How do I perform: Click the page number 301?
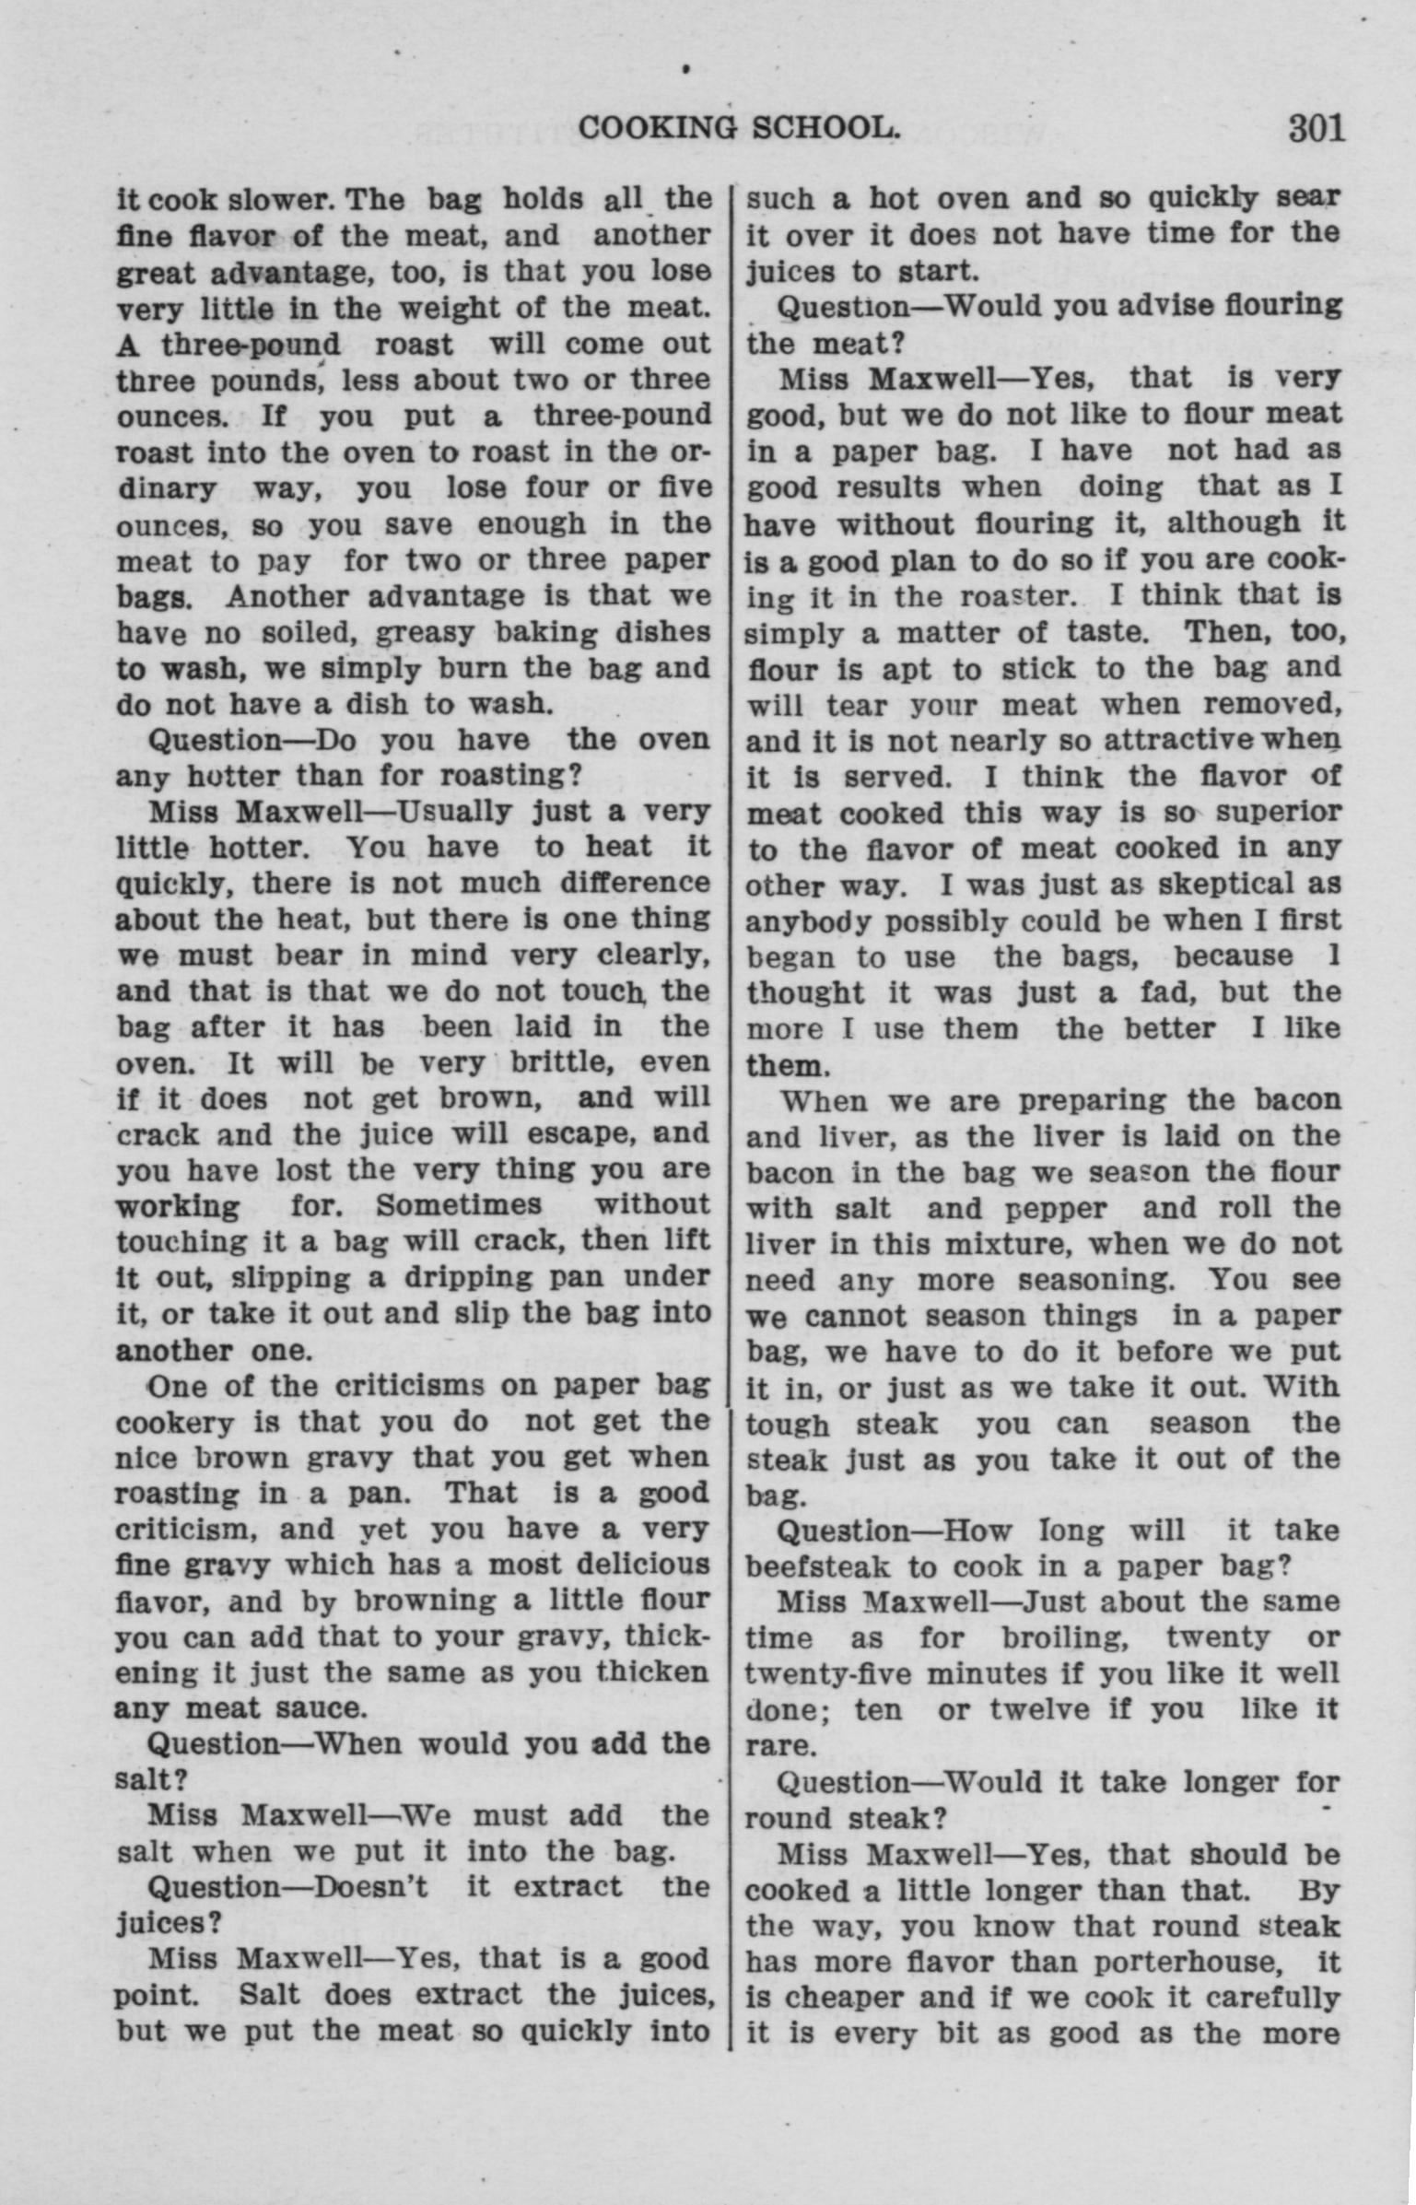pos(1317,128)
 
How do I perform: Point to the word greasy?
pos(423,633)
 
